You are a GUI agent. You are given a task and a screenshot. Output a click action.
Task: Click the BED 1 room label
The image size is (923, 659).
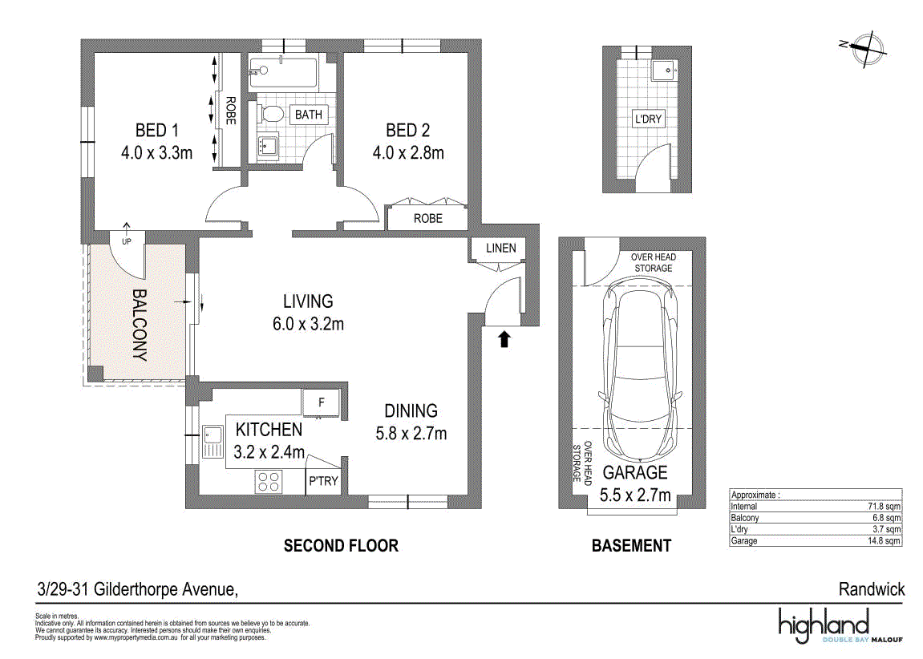[156, 130]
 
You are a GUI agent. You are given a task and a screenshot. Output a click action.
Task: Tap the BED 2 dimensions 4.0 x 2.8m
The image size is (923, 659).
[408, 153]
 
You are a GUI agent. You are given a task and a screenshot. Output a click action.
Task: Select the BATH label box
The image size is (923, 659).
[309, 115]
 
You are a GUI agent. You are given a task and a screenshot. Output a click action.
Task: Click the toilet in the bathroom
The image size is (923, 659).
[270, 114]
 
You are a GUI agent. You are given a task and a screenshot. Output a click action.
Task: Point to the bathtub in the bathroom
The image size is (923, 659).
[283, 72]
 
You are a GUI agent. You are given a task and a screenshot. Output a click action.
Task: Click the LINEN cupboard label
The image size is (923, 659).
[501, 249]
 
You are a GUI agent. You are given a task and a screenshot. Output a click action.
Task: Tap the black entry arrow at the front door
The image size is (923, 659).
[504, 339]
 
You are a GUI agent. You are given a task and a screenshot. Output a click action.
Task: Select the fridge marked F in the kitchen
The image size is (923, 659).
[321, 403]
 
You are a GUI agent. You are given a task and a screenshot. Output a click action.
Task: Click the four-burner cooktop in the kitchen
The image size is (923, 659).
[269, 481]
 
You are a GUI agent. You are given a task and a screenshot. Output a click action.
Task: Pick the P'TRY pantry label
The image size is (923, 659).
[323, 481]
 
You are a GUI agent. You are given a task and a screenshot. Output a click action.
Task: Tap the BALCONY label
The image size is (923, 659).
[140, 325]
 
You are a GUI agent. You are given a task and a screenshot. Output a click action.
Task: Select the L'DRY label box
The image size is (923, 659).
[648, 119]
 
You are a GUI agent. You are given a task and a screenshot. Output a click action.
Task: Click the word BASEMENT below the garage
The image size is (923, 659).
[632, 546]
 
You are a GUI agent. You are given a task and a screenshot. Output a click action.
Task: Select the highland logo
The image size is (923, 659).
[824, 625]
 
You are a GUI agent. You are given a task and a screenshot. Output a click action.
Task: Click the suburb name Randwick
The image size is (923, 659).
[872, 589]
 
